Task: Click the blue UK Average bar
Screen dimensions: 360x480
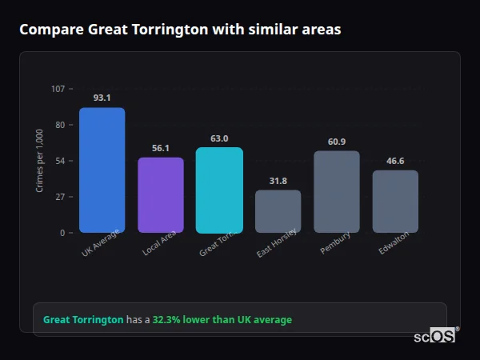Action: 102,170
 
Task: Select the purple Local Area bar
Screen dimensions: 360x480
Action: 161,194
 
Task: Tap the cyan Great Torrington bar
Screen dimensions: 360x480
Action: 219,190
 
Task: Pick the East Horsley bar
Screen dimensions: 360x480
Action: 278,211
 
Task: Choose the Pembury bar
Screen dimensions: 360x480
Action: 337,191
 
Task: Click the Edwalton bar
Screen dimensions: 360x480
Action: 395,201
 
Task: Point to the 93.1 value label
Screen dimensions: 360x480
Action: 102,98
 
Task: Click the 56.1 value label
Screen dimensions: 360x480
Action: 161,148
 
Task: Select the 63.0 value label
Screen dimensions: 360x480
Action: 219,138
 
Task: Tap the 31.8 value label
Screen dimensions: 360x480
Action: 278,181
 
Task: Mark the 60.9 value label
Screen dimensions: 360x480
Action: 337,142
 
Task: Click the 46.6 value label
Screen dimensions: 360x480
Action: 395,161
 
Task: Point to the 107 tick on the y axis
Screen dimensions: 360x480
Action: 58,88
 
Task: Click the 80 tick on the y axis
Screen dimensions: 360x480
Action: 60,125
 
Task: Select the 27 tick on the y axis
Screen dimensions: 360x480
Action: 60,197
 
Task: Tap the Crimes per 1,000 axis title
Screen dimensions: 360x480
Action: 40,160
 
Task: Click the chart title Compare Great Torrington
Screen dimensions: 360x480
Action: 180,30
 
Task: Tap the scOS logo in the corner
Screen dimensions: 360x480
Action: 434,337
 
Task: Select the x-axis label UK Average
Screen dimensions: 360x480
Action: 101,243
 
